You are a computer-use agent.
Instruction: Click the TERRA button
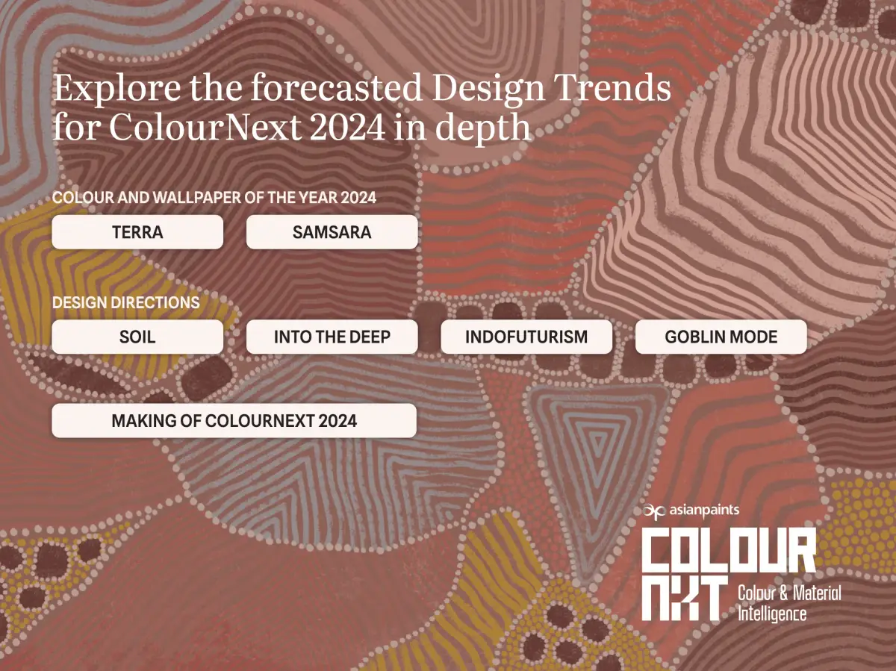pos(137,232)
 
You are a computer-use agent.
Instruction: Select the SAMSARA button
pos(332,232)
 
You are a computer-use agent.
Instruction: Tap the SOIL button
pos(137,337)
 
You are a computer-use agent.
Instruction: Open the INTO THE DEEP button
pos(332,337)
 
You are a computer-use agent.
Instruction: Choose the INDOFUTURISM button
pos(526,337)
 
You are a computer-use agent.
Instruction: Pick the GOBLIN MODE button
pos(721,337)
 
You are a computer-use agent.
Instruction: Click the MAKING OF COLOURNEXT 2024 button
pos(234,421)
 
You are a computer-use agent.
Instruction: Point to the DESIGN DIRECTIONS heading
pos(125,303)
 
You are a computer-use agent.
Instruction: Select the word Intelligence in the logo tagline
pos(772,614)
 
